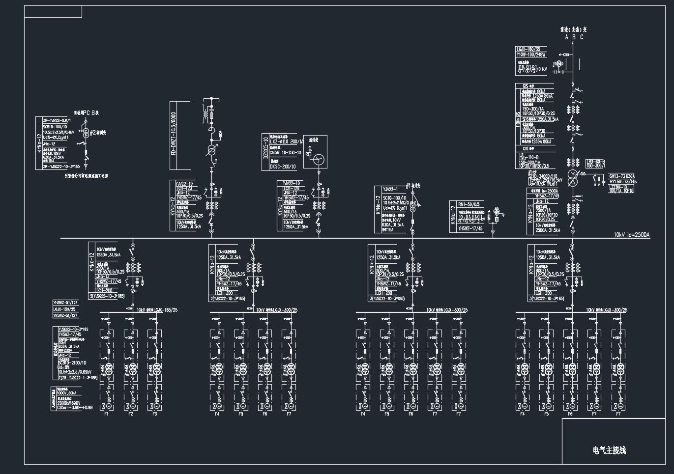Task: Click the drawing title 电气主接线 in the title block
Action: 609,450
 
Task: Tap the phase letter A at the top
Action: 567,37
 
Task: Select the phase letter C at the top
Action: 582,37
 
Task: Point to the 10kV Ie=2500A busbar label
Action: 631,235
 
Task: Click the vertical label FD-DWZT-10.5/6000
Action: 173,128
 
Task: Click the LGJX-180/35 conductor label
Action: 528,49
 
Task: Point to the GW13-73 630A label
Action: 622,176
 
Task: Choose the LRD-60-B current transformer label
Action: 595,162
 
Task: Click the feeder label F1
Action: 106,414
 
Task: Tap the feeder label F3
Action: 154,414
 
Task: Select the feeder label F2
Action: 130,414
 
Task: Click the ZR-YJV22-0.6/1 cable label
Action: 57,120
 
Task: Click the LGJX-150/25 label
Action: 64,309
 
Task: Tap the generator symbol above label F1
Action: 106,406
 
